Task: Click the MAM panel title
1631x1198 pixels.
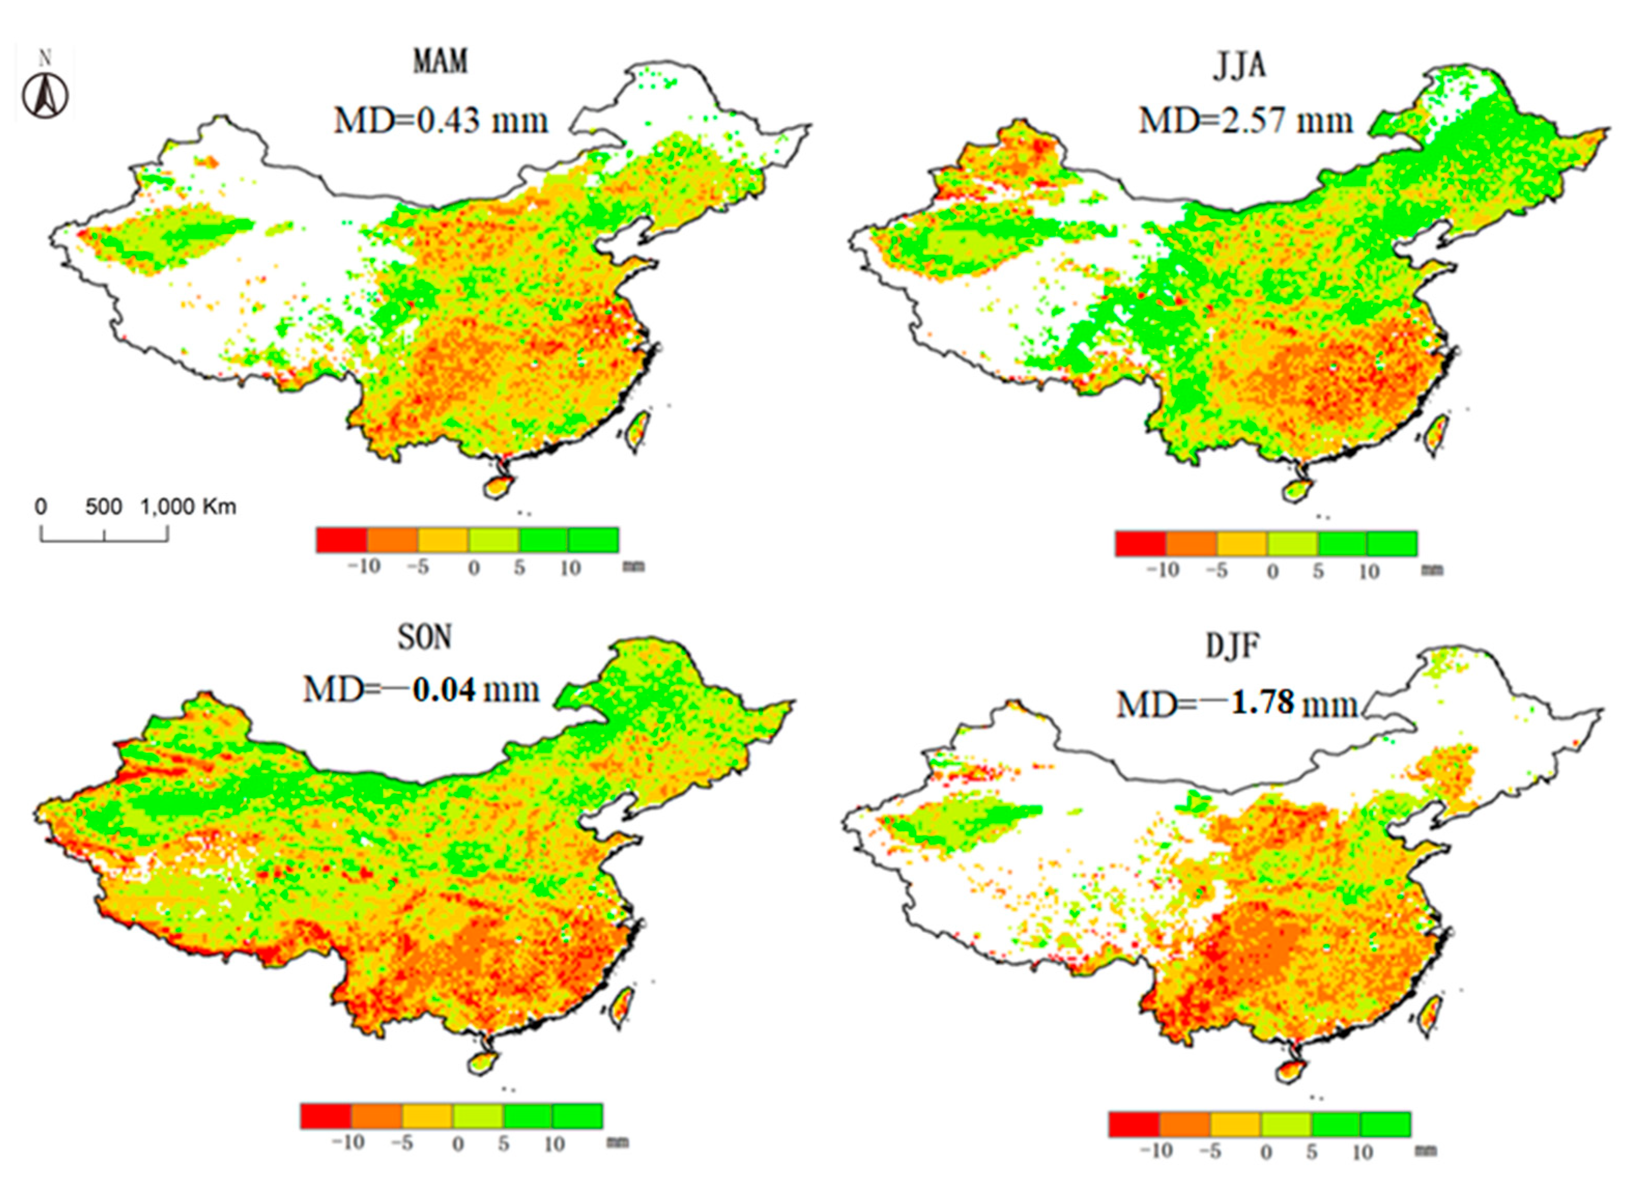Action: click(x=440, y=61)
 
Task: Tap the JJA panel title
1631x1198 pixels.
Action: click(x=1239, y=66)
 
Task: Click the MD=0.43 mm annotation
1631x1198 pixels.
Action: click(x=440, y=120)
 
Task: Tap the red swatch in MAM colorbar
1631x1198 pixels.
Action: click(x=341, y=540)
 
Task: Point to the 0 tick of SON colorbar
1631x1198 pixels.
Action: click(x=458, y=1144)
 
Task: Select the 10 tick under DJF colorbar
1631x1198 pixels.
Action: click(x=1362, y=1151)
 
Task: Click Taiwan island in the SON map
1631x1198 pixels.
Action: click(x=622, y=1008)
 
